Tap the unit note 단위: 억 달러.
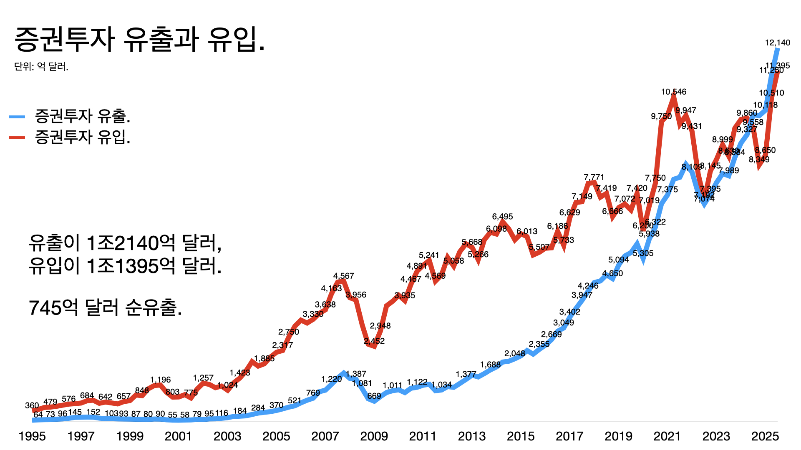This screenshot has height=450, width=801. (41, 67)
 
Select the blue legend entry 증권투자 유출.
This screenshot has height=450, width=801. (82, 116)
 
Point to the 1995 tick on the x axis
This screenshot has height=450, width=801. (32, 436)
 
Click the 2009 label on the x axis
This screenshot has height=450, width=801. (374, 436)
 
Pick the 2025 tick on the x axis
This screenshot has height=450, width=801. (765, 436)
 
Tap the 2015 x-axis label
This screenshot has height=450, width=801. (520, 436)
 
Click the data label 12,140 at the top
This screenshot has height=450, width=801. (777, 43)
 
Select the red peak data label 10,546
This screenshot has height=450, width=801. (673, 92)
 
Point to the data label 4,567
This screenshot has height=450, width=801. (343, 276)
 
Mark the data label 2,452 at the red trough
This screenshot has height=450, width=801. (374, 341)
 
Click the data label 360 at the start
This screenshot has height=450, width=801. (32, 405)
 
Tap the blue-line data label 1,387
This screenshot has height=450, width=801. (356, 374)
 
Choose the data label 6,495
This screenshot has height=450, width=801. (502, 217)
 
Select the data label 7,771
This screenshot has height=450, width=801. (594, 177)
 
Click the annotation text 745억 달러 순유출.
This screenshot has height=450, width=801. (105, 308)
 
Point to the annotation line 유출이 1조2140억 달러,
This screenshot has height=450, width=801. (125, 243)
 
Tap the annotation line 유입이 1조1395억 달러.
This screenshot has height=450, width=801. (125, 266)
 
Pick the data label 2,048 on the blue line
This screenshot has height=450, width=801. (514, 354)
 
